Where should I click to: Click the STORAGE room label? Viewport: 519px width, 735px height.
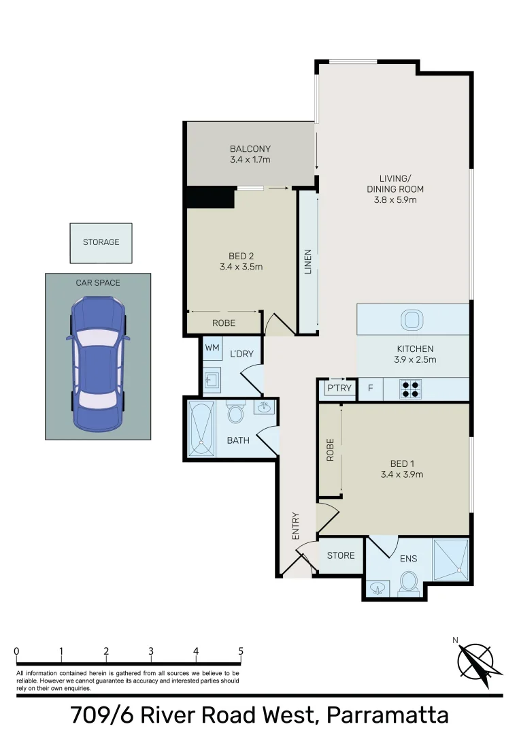(101, 242)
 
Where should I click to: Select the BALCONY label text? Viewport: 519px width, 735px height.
(250, 149)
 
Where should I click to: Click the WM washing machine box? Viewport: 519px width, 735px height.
(212, 348)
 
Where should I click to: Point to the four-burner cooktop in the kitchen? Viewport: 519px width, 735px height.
(411, 388)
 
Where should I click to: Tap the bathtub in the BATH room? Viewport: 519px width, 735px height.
(200, 427)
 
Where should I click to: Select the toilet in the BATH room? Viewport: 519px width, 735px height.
(236, 413)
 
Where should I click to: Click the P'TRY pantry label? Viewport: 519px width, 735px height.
(339, 389)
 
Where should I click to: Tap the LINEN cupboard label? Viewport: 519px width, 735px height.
(308, 261)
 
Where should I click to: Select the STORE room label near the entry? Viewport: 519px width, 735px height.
(341, 555)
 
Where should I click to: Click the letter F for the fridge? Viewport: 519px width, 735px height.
(370, 389)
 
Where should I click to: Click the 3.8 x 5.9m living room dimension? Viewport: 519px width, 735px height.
(391, 200)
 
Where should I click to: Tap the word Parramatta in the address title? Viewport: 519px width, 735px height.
(388, 716)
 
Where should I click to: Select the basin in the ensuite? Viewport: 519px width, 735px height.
(376, 587)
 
